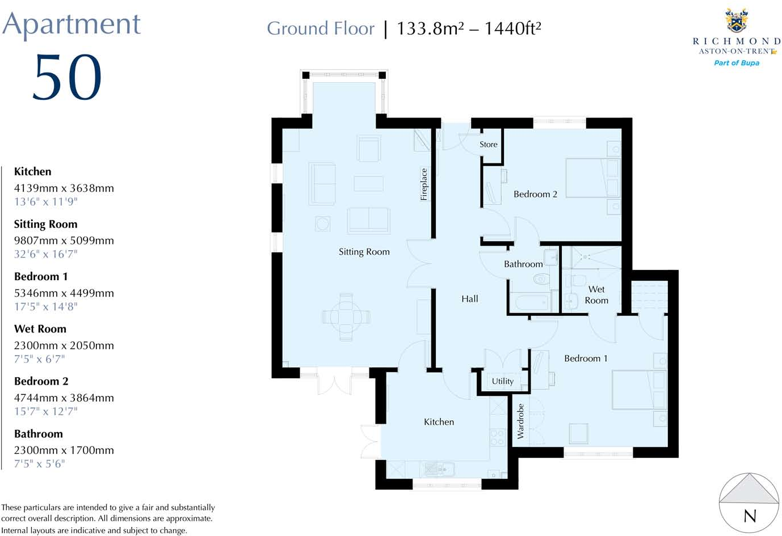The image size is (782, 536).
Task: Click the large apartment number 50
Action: point(67,78)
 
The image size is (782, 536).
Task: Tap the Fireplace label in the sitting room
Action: point(423,184)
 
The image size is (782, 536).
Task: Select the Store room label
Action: point(488,145)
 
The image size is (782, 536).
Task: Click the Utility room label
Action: point(502,381)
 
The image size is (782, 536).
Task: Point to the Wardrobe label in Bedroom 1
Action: point(520,421)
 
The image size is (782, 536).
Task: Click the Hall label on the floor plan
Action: point(469,299)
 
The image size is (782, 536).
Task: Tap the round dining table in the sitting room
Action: point(346,316)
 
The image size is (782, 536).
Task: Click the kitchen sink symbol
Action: point(438,469)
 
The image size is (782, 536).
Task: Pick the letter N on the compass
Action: point(750,516)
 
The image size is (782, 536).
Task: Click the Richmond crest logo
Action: point(737,21)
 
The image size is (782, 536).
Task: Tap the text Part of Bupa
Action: point(736,63)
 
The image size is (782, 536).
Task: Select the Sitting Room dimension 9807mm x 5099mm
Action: point(64,240)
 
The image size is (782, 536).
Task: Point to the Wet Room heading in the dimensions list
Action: point(40,329)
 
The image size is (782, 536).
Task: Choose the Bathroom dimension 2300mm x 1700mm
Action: point(64,450)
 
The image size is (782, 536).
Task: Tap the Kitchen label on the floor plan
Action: point(439,422)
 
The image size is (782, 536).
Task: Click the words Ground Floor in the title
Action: point(321,28)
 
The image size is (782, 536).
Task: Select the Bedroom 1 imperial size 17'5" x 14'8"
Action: point(45,307)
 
